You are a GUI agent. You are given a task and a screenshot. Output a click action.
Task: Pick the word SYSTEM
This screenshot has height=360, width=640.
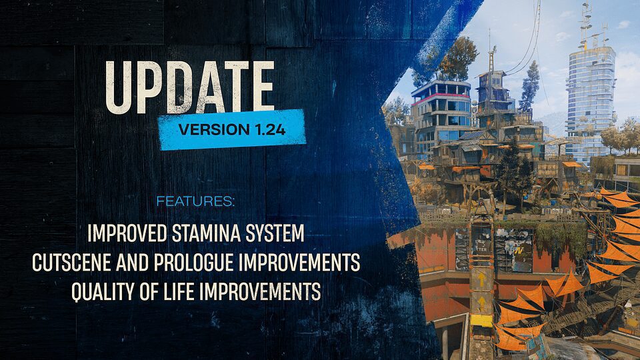[x=277, y=234]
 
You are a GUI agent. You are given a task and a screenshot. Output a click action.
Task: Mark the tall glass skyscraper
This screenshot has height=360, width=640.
[x=590, y=93]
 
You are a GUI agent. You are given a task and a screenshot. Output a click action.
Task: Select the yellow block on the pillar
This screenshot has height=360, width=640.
[x=481, y=321]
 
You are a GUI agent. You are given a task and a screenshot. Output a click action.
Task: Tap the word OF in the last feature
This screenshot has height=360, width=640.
[x=157, y=291]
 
